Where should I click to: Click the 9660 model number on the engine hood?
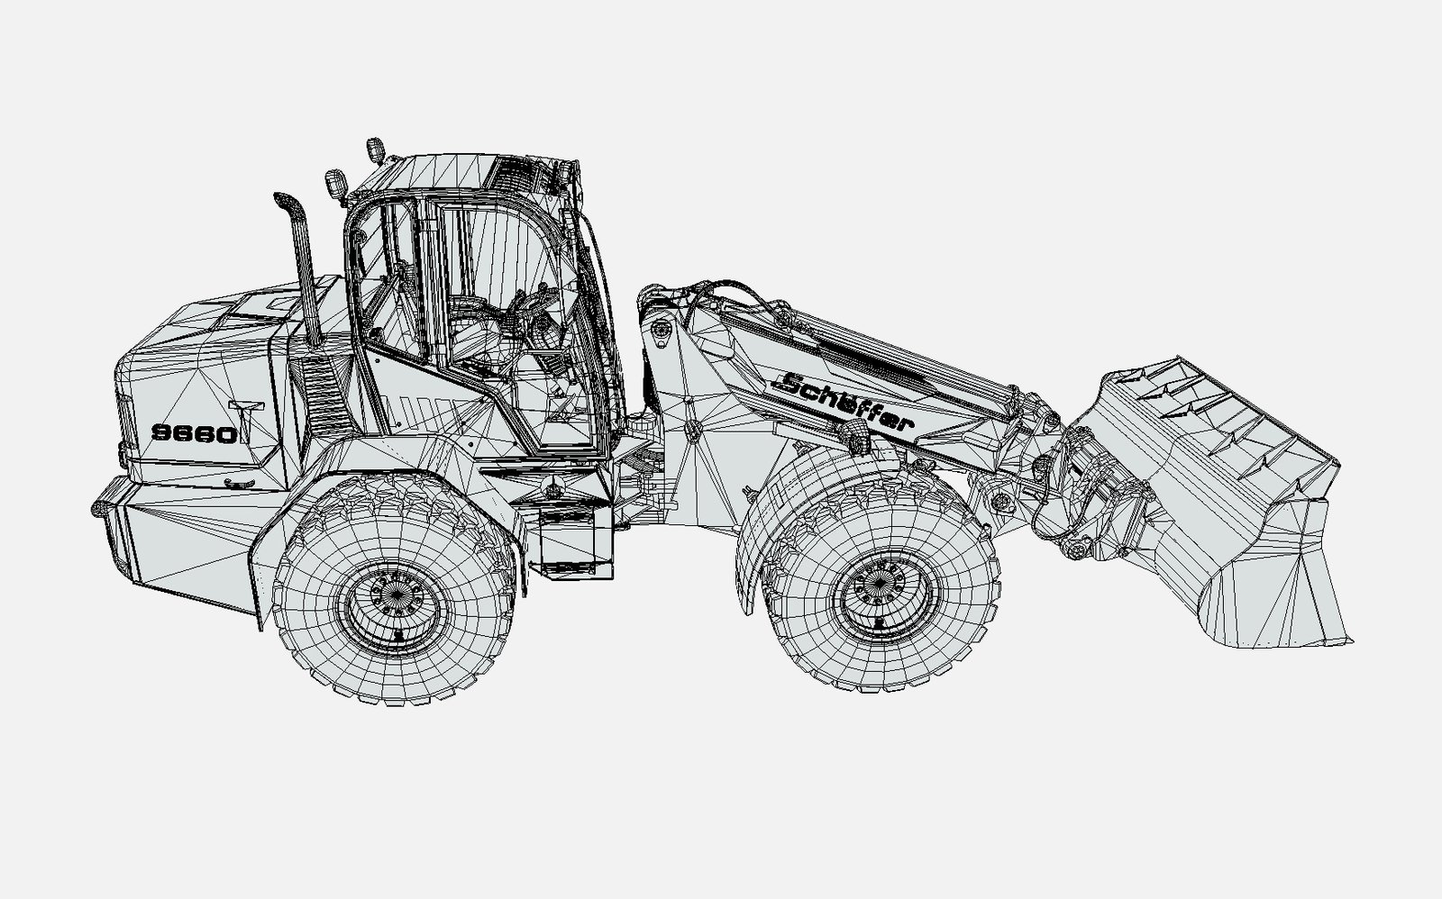(195, 434)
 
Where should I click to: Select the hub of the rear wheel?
(393, 600)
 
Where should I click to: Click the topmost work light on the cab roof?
(375, 150)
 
